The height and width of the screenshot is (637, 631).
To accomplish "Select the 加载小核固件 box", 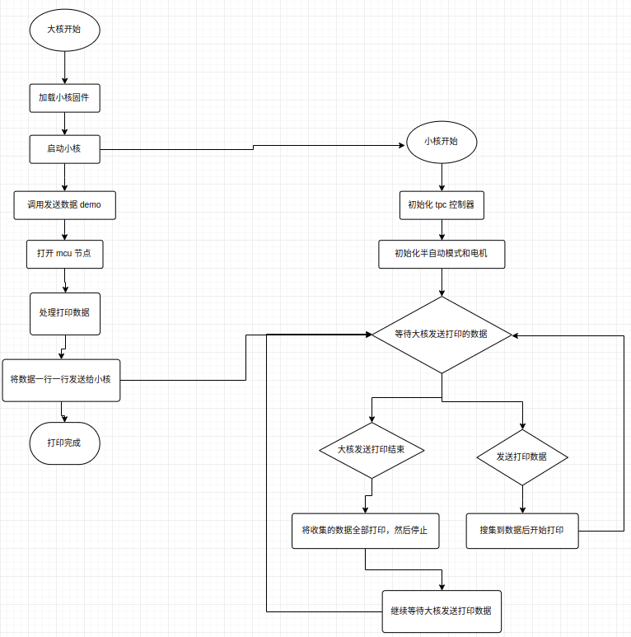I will click(x=63, y=97).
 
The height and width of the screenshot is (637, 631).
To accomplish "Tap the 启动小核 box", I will click(x=63, y=149).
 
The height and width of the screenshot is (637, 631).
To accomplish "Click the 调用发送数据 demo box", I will click(x=64, y=205).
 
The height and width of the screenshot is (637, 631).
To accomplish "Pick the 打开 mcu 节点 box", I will click(x=64, y=255).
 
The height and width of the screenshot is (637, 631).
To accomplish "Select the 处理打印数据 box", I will click(x=64, y=313).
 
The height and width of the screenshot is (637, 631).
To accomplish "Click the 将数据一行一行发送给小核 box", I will click(x=61, y=380).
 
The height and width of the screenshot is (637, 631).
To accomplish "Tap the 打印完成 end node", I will click(x=63, y=443).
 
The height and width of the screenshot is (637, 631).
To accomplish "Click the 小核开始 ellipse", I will click(x=441, y=142).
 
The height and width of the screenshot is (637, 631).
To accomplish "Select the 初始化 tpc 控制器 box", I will click(x=441, y=205).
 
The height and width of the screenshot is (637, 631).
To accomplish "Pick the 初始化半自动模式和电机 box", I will click(x=441, y=254).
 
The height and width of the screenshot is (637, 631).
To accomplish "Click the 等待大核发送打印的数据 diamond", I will click(x=441, y=335).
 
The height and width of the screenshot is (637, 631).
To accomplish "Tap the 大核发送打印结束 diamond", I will click(x=372, y=450).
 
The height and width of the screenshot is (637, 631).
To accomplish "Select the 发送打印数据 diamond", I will click(x=521, y=457).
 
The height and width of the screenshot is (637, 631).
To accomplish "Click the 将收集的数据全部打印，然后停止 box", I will click(x=365, y=531).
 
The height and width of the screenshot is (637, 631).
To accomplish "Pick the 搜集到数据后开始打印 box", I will click(x=521, y=531).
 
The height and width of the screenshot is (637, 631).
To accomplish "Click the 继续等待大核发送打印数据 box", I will click(x=441, y=611).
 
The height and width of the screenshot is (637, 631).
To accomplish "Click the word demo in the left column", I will click(x=91, y=205).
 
